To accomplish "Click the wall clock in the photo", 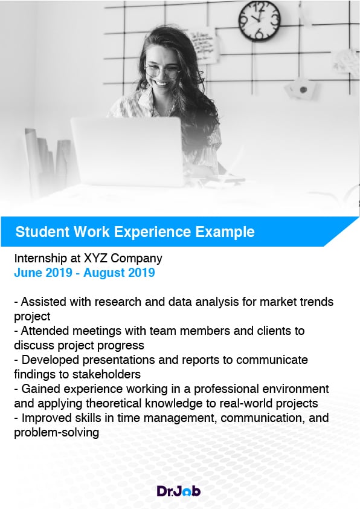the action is point(260,21).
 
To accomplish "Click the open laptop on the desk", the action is point(127,152).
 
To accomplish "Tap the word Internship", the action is point(40,258).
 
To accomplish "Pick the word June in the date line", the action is point(27,273).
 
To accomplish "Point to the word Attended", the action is point(45,331).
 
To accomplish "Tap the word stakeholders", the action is point(106,374).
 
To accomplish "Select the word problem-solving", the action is point(56,433).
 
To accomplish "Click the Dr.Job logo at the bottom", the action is point(178,491).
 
